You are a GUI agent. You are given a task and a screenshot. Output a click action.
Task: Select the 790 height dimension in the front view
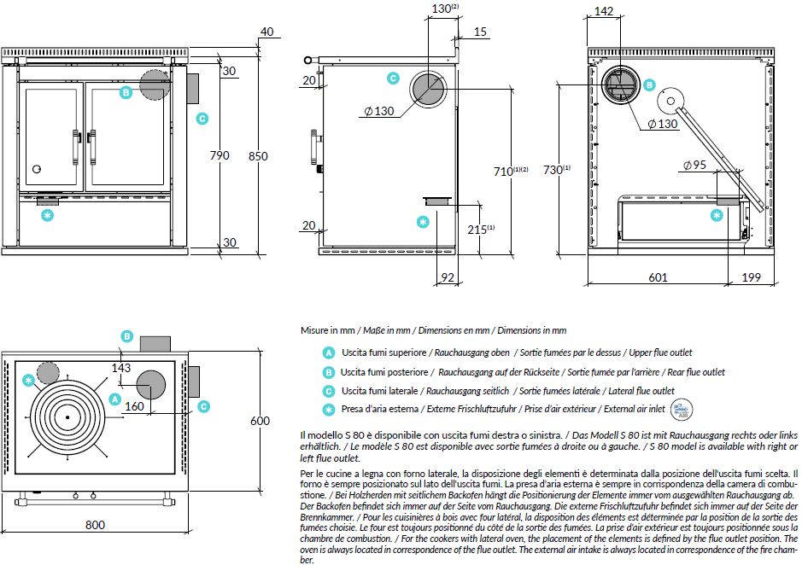tap(220, 156)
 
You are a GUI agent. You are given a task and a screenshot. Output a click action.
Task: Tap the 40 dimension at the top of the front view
tap(266, 32)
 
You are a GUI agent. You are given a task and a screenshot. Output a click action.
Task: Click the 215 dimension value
tap(477, 230)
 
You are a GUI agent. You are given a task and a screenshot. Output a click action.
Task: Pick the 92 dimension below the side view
tap(447, 277)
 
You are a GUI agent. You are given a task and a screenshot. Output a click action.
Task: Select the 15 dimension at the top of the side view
tap(480, 32)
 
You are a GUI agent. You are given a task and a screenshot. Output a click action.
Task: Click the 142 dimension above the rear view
tap(604, 11)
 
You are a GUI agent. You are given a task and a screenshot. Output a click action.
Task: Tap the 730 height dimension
tap(555, 170)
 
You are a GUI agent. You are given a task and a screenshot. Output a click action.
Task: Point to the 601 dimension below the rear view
tap(658, 277)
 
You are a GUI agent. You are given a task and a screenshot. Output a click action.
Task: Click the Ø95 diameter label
tap(695, 166)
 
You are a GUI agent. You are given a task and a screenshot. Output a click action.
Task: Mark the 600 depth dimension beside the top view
tap(261, 421)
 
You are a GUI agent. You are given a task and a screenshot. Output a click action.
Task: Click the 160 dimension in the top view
tap(134, 407)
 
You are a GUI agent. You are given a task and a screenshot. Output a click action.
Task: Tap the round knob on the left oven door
tap(37, 167)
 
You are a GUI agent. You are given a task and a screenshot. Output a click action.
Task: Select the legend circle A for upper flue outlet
tap(328, 352)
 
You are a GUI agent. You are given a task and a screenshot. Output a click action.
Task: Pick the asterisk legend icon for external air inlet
tap(328, 410)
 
